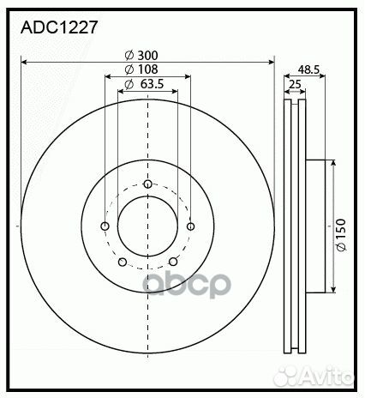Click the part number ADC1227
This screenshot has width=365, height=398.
[x=59, y=27]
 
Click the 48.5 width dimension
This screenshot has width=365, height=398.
[x=309, y=69]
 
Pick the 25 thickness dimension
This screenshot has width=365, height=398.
[x=295, y=83]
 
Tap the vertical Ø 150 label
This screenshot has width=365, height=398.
[x=340, y=234]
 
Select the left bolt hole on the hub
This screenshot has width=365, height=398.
[x=105, y=226]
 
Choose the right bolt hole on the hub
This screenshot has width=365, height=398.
[x=189, y=226]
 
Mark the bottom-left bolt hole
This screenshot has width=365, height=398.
[x=122, y=262]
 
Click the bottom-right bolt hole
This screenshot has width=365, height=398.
[x=173, y=262]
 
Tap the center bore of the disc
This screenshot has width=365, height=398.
[x=147, y=226]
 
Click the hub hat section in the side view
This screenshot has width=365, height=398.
[x=314, y=226]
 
